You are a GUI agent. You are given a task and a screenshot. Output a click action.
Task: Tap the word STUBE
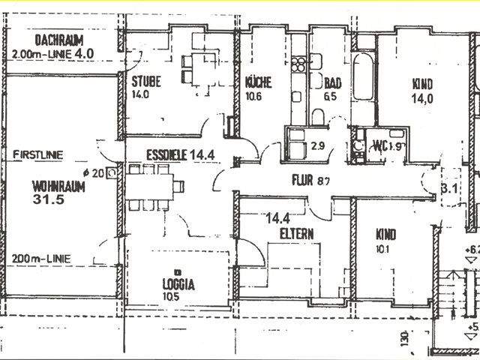[147, 82]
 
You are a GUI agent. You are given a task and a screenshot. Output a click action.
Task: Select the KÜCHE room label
[258, 82]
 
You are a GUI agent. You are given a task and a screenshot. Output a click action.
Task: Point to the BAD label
[333, 82]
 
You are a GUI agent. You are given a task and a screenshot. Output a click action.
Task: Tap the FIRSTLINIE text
[38, 155]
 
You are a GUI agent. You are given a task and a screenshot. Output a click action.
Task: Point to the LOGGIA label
[178, 284]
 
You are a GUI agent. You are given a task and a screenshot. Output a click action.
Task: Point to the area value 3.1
[448, 189]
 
